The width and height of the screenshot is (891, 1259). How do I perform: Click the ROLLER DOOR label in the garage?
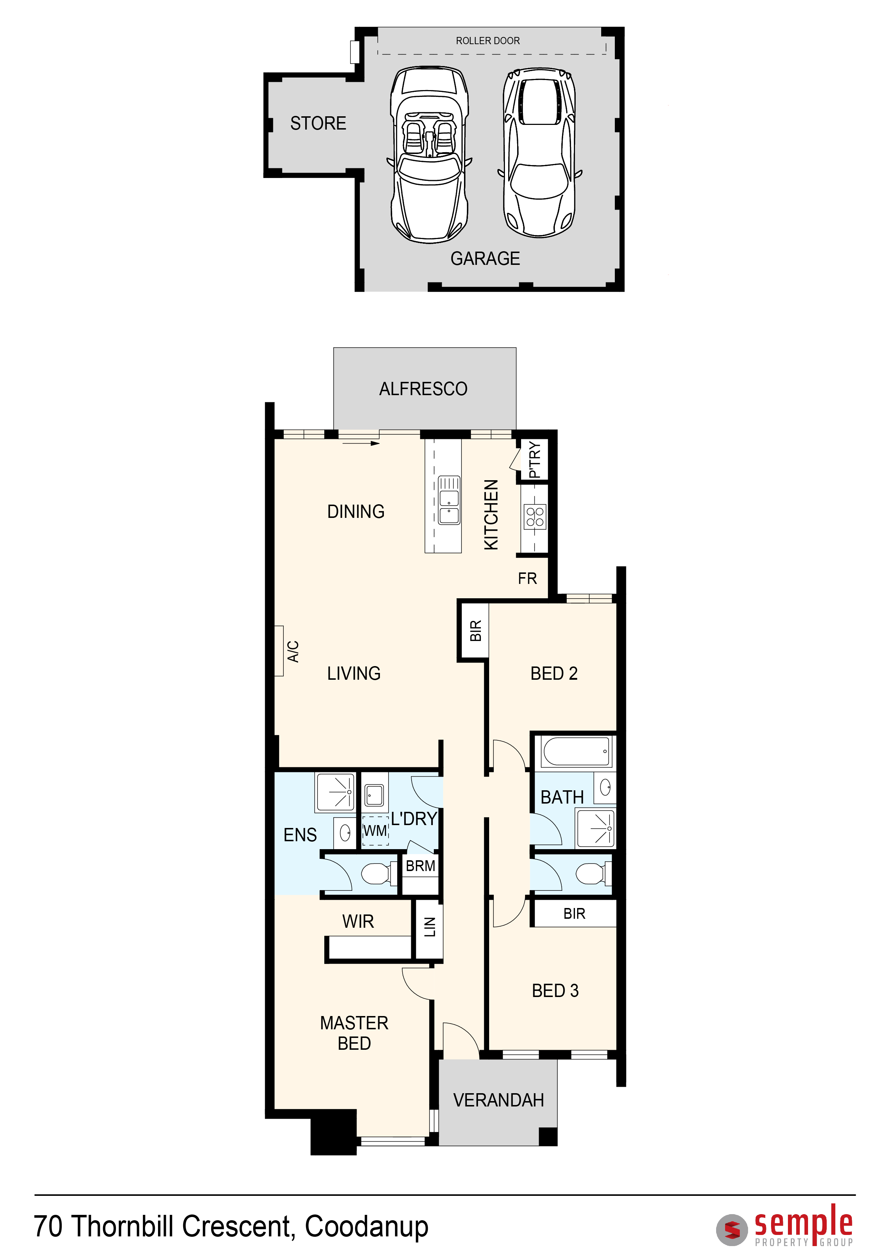point(488,41)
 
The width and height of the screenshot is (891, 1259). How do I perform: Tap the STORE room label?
point(318,123)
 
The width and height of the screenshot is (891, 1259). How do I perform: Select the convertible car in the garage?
point(430,155)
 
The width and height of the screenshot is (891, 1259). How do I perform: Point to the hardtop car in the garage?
point(540,153)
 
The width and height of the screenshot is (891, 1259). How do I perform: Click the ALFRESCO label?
point(423,389)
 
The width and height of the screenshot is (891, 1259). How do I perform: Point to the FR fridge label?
point(527,579)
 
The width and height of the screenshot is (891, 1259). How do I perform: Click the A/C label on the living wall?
point(293,651)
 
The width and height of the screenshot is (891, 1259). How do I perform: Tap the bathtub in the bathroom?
point(576,751)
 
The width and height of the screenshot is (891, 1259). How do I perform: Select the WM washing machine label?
point(375,831)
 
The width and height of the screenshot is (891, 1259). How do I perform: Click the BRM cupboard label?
point(420,866)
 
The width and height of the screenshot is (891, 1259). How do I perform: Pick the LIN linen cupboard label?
point(430,927)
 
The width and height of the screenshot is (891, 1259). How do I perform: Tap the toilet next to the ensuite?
point(379,874)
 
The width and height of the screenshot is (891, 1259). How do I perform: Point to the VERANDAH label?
point(498,1100)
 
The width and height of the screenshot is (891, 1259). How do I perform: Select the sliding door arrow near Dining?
point(361,443)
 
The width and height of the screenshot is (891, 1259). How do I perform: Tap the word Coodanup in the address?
point(367,1227)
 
